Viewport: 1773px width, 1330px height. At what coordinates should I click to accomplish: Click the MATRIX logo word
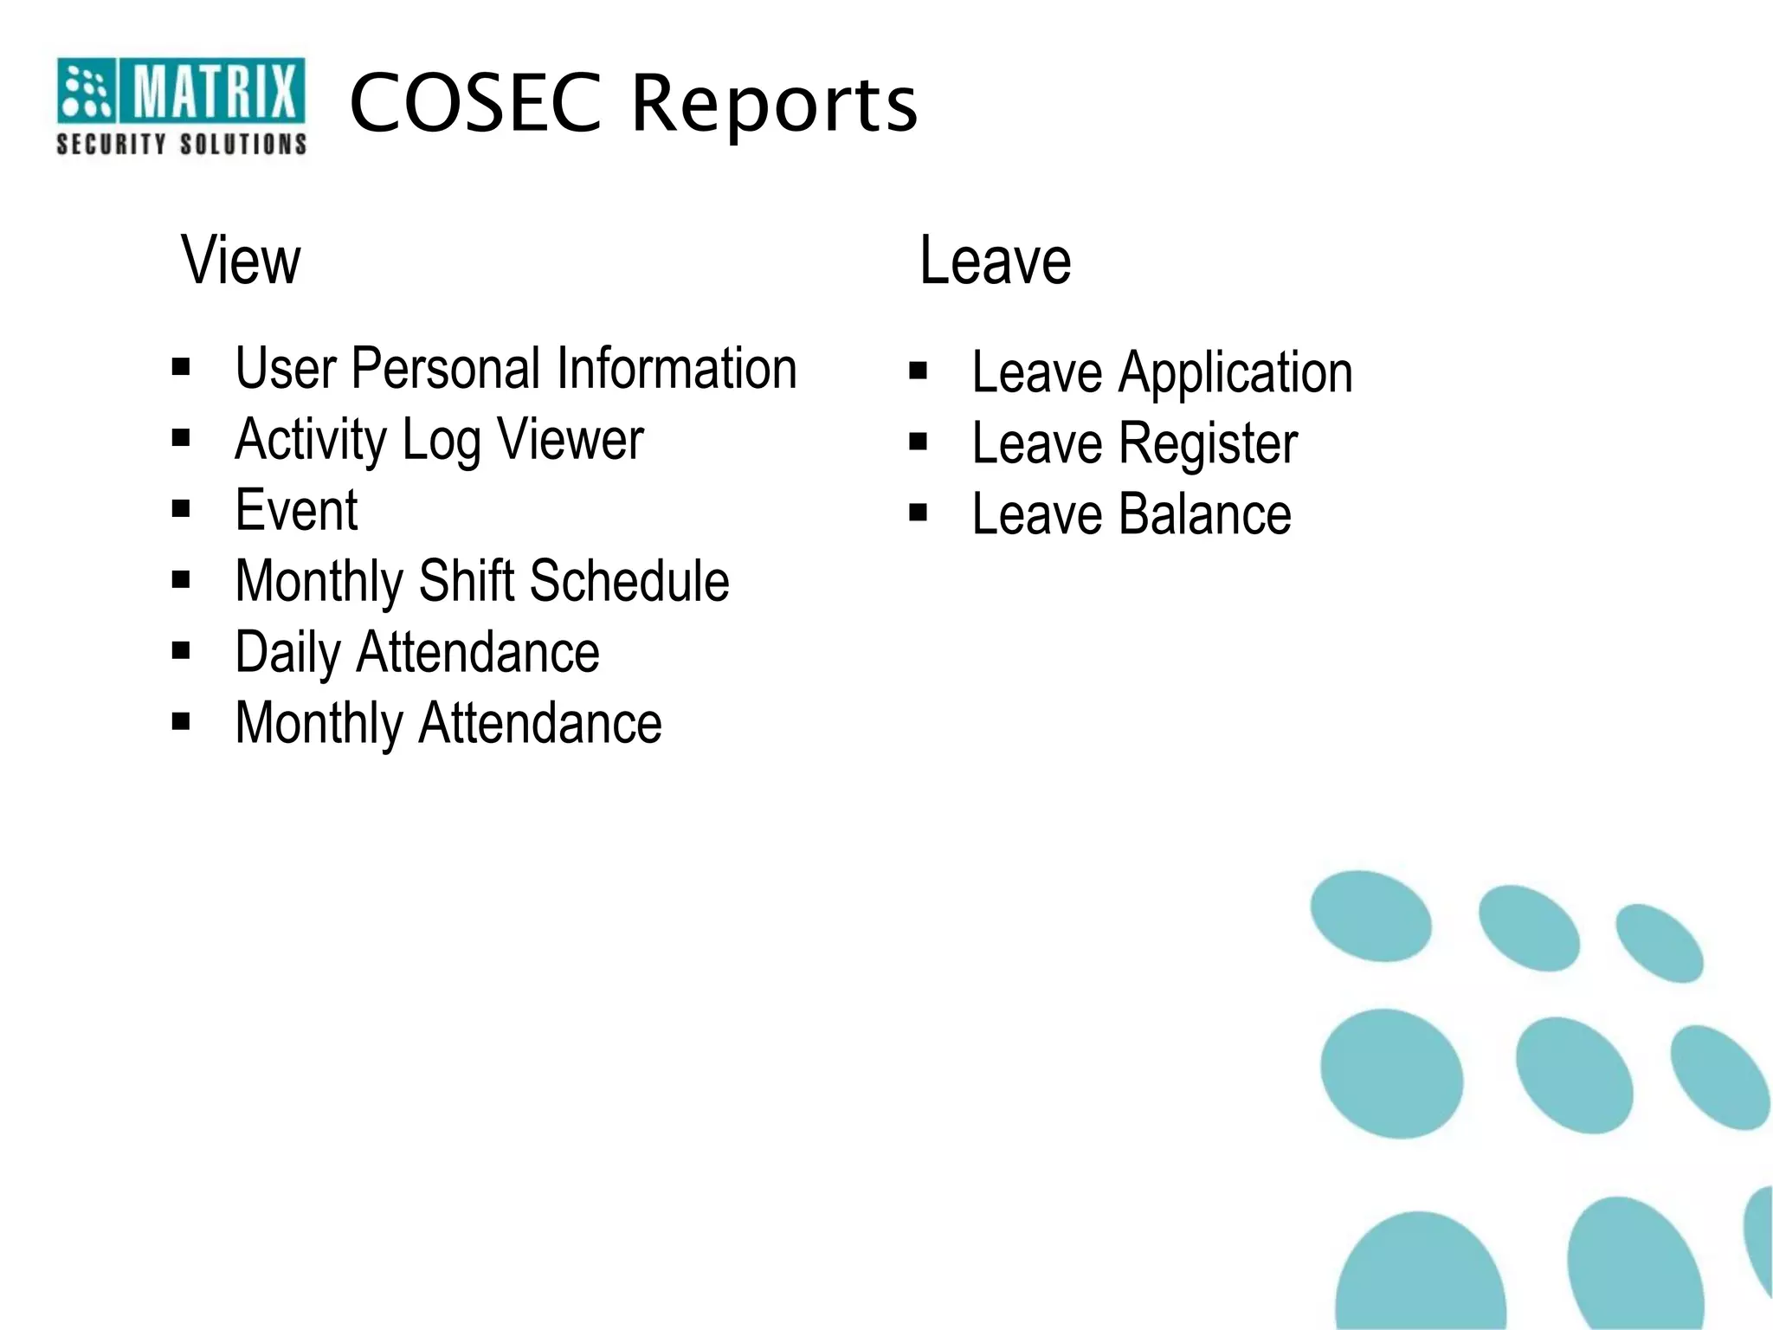pos(215,90)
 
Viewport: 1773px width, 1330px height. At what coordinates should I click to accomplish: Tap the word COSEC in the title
pos(475,103)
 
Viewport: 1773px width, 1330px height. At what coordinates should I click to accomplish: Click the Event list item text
pos(296,510)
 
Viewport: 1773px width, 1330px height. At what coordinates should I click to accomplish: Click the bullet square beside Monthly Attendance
pos(181,721)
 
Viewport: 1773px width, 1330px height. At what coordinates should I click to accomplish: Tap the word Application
pos(1235,374)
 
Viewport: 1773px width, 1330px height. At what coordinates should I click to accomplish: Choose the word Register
pos(1209,444)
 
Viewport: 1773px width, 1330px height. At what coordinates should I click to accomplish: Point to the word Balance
pos(1205,514)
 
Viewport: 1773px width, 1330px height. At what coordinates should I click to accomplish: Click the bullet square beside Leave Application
pos(919,371)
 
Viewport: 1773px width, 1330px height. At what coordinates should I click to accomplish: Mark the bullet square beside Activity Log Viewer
pos(181,438)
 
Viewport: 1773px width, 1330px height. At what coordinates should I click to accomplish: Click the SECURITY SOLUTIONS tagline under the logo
pos(182,144)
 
